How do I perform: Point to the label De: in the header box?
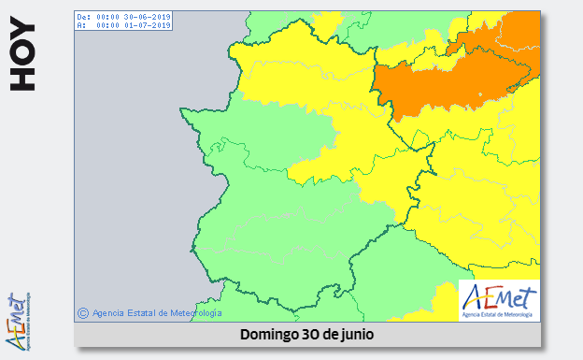[x=83, y=17]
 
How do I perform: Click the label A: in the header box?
[x=81, y=25]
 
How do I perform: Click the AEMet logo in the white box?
[x=499, y=300]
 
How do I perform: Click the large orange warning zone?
[x=448, y=79]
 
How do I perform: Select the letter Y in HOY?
[x=22, y=41]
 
